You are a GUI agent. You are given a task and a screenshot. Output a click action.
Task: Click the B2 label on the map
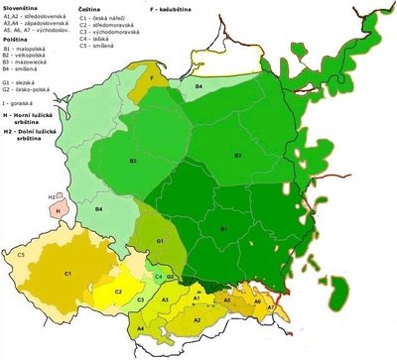pos(132,161)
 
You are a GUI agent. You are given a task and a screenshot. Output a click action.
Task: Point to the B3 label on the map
pos(237,155)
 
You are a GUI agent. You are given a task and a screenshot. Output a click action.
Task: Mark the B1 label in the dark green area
pos(224,230)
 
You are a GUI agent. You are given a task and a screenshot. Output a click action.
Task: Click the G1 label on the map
pos(158,241)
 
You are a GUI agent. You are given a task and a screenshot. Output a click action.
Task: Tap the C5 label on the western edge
pos(21,255)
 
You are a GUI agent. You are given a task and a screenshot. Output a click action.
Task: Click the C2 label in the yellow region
pos(118,293)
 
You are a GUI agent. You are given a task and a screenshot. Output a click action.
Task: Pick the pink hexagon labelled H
pos(58,212)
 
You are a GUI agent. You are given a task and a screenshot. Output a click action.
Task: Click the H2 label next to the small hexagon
pos(51,197)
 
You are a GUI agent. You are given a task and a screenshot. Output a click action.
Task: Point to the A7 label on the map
pos(270,308)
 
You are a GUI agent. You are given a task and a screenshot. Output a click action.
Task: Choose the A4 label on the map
pos(140,328)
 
